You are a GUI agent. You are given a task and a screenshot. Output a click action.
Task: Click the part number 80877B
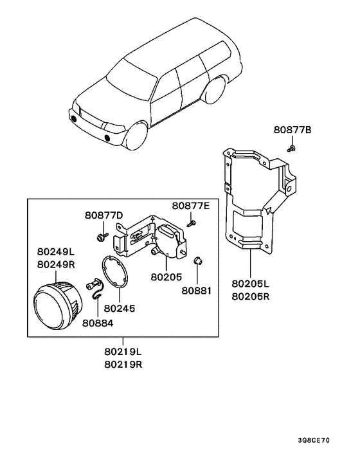(x=292, y=130)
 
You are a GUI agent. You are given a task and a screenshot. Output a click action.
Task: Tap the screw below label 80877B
(x=292, y=149)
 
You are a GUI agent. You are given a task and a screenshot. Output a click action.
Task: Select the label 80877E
(x=191, y=206)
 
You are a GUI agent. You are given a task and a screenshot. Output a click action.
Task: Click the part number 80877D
(x=104, y=215)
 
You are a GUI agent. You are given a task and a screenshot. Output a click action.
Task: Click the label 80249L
(x=56, y=252)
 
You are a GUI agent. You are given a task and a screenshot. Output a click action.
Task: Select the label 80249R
(x=56, y=265)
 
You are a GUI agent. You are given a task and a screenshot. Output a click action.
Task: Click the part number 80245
(x=119, y=309)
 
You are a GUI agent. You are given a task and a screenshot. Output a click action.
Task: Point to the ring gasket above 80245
(x=114, y=272)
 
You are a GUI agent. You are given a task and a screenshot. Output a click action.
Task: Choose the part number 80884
(x=98, y=323)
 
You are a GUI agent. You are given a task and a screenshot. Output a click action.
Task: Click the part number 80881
(x=197, y=291)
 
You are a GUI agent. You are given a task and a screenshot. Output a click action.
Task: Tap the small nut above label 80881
(x=197, y=260)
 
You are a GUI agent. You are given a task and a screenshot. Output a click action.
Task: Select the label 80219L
(x=123, y=352)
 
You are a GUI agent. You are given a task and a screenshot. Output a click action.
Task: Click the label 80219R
(x=123, y=365)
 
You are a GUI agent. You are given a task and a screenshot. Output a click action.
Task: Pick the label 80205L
(x=250, y=284)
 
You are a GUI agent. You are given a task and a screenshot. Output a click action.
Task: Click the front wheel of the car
(x=136, y=136)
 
